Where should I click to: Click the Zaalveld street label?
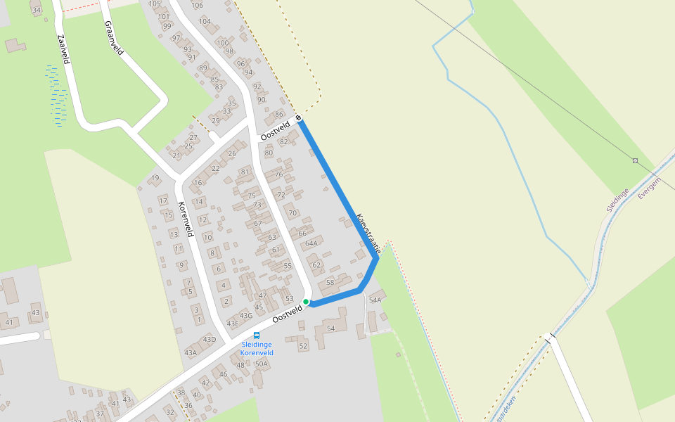pyautogui.click(x=63, y=49)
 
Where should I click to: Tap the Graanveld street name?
pyautogui.click(x=113, y=38)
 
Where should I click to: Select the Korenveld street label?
pyautogui.click(x=186, y=219)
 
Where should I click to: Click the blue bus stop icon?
pyautogui.click(x=257, y=335)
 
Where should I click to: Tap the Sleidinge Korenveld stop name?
pyautogui.click(x=257, y=348)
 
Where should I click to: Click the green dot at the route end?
pyautogui.click(x=306, y=302)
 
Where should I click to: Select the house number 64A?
pyautogui.click(x=311, y=243)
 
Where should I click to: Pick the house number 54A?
pyautogui.click(x=375, y=300)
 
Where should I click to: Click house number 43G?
pyautogui.click(x=245, y=315)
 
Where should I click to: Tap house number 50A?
pyautogui.click(x=262, y=364)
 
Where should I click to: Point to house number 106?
pyautogui.click(x=197, y=5)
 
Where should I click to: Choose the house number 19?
pyautogui.click(x=155, y=178)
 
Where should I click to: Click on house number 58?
pyautogui.click(x=330, y=282)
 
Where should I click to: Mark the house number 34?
pyautogui.click(x=37, y=10)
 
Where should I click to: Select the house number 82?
pyautogui.click(x=284, y=141)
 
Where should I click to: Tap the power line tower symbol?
pyautogui.click(x=636, y=161)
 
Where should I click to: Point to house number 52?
pyautogui.click(x=303, y=345)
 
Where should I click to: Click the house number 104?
pyautogui.click(x=205, y=21)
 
